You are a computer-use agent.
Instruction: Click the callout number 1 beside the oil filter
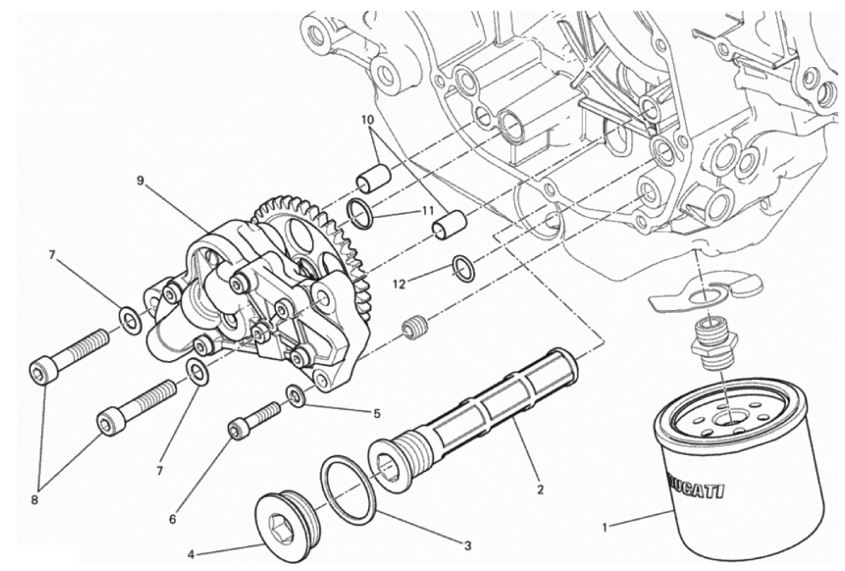pos(605,528)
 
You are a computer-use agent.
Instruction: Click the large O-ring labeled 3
pos(347,484)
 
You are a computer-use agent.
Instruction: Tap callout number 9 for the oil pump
pos(140,180)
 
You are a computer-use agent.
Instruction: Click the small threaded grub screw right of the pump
pos(415,328)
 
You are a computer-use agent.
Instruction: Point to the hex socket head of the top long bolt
pos(42,371)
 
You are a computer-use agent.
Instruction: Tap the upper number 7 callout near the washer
pos(52,255)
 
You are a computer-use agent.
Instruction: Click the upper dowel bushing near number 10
pos(374,178)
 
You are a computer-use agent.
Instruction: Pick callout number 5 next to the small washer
pos(376,414)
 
